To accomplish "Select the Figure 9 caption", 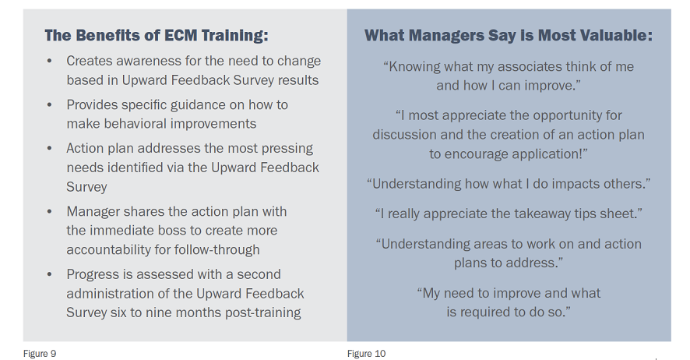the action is [40, 354].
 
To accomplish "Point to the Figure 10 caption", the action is [366, 354].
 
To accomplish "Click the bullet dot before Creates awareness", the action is [49, 62].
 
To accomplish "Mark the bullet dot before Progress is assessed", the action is [49, 274].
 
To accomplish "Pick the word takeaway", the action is [534, 214].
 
